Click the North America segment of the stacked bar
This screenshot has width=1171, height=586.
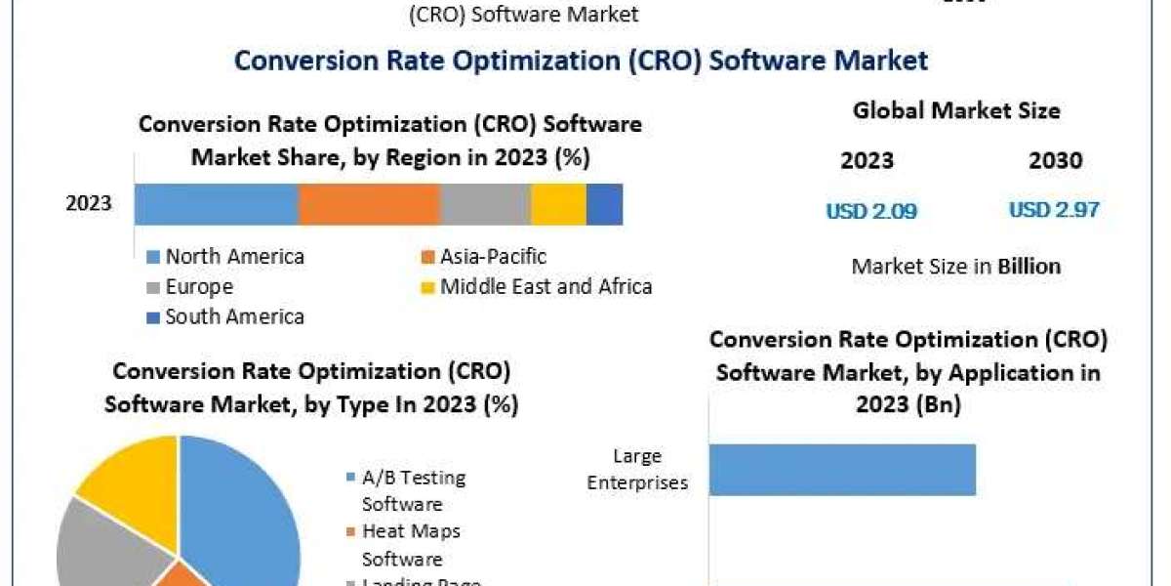click(216, 204)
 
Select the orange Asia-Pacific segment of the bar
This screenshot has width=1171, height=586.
click(369, 204)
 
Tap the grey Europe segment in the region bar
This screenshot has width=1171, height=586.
click(485, 204)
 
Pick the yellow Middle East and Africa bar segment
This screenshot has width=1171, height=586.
click(558, 204)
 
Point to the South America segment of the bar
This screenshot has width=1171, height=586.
click(604, 204)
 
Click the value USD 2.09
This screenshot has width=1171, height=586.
click(871, 211)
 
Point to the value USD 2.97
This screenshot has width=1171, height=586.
click(1054, 210)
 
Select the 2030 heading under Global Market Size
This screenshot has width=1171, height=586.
click(1055, 161)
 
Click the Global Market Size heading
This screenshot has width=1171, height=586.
click(956, 111)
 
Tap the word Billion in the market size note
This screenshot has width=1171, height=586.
click(1029, 266)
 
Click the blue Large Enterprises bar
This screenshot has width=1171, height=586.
click(842, 470)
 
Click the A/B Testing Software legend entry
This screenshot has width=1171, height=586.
click(414, 490)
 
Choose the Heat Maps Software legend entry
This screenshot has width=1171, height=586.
click(411, 545)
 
